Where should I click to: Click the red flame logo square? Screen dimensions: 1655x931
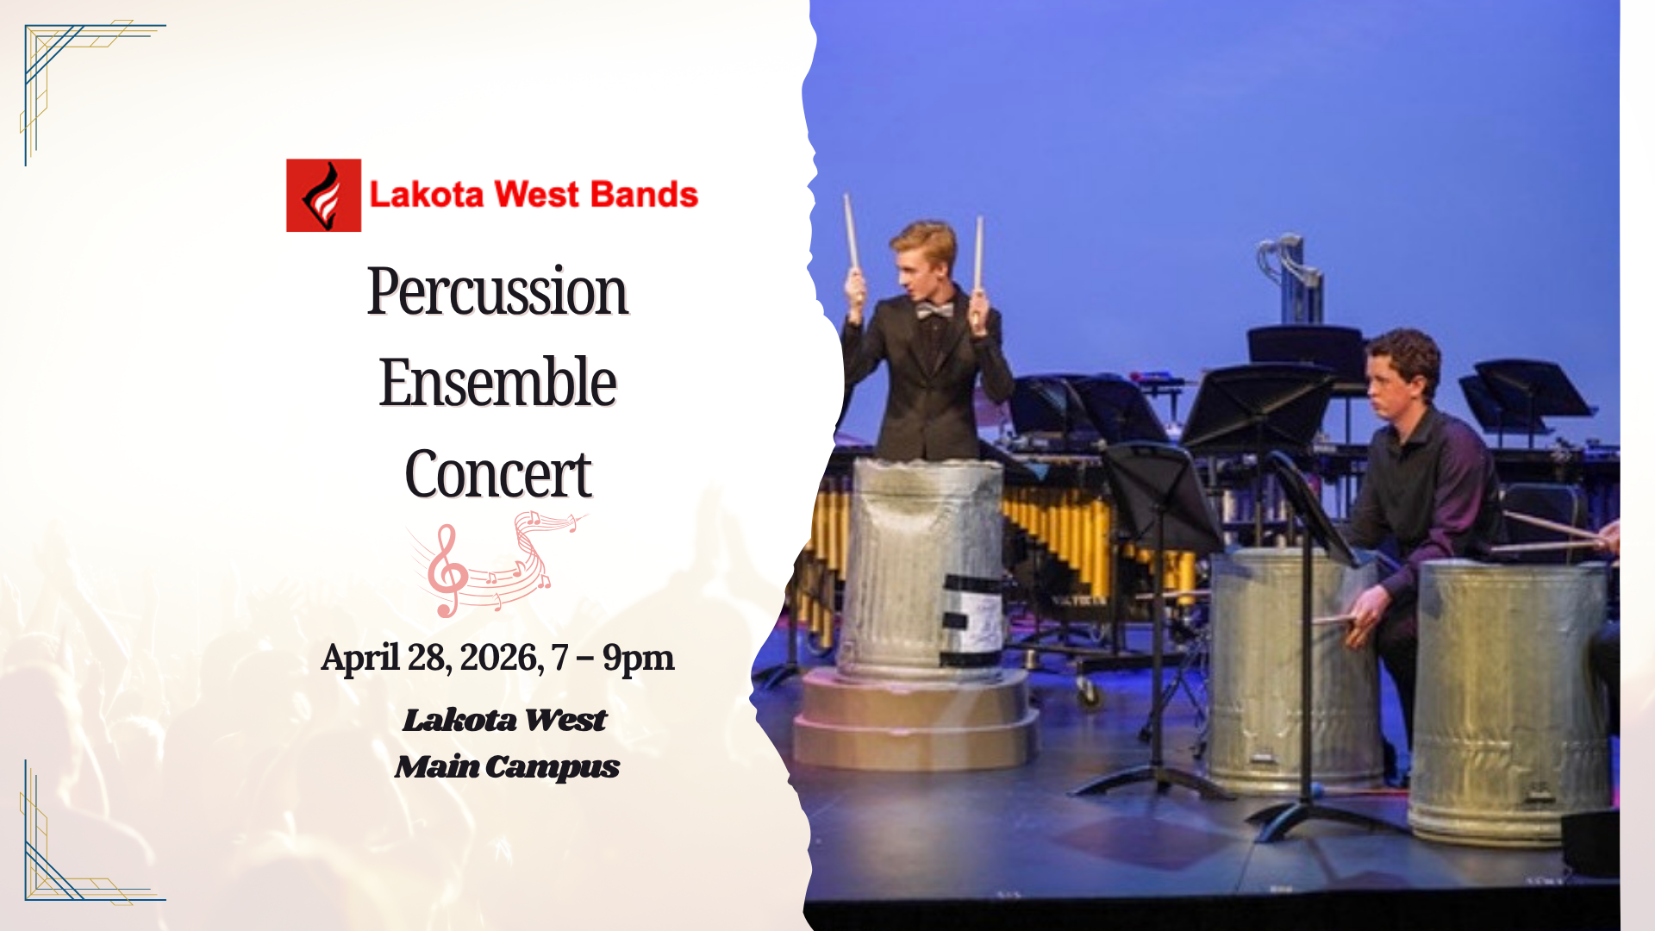pos(323,195)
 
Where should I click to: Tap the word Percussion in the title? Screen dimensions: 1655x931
pos(497,291)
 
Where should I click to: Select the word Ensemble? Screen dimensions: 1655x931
pos(497,382)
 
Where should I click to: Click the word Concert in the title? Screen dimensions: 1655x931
pos(498,474)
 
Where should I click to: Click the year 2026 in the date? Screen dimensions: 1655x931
pos(501,658)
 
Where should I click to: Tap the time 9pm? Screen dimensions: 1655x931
pos(638,658)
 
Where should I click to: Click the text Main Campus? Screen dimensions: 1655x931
pos(507,766)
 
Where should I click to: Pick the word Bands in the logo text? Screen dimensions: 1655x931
pos(645,195)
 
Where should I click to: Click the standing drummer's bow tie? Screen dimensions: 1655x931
pos(934,309)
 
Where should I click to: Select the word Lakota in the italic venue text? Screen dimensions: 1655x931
pos(459,720)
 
